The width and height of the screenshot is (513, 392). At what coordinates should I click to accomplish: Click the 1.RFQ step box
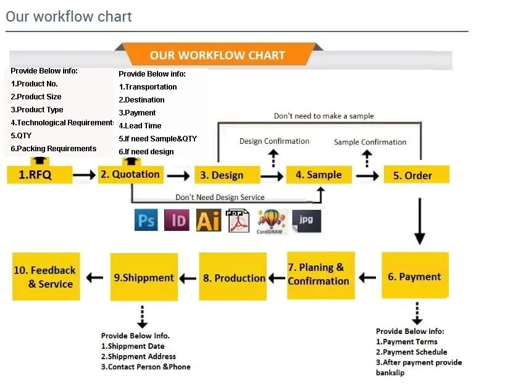(x=35, y=175)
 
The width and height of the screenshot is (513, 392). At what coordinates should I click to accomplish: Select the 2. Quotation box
(x=130, y=174)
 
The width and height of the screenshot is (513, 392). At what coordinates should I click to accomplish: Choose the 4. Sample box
(x=319, y=175)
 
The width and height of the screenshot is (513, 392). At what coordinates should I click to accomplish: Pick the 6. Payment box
(x=414, y=277)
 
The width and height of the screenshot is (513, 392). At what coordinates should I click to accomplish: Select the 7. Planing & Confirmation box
(x=320, y=275)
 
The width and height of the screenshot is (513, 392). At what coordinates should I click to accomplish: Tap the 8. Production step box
(x=235, y=278)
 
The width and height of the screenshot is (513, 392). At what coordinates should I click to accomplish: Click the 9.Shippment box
(x=144, y=277)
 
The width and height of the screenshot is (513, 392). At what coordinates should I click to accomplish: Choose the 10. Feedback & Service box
(x=46, y=277)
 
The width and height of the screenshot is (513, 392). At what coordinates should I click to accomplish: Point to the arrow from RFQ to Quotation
(x=84, y=175)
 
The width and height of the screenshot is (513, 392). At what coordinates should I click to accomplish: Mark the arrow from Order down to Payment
(x=420, y=222)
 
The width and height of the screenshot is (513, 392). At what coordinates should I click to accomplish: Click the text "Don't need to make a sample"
(x=323, y=116)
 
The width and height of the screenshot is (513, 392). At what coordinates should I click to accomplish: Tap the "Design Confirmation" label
(x=274, y=141)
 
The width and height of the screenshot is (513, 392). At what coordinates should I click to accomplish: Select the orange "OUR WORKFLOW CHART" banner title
(x=217, y=55)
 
